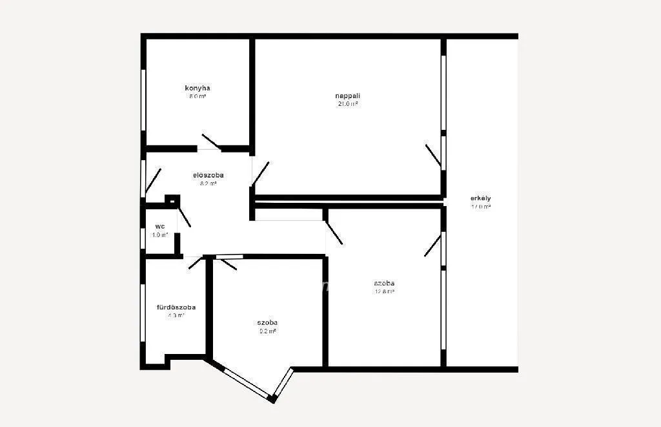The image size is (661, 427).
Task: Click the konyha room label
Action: [198, 88]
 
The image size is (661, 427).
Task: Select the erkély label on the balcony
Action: [481, 198]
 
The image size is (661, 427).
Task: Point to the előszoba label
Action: [208, 175]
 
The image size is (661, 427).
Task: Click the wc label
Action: [160, 226]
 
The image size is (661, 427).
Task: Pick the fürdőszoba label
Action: [176, 307]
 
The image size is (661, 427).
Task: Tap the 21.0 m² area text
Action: [347, 103]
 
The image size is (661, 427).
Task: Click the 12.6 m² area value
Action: [384, 291]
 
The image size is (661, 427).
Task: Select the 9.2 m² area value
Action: [267, 331]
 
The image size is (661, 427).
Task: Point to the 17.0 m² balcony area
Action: [481, 207]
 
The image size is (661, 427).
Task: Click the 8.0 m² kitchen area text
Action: [198, 96]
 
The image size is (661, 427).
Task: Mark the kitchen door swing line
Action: [211, 141]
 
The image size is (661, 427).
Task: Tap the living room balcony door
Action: [433, 157]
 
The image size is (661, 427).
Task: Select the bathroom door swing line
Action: [195, 262]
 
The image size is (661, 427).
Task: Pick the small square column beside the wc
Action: [171, 200]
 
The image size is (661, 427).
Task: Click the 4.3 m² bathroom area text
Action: [176, 316]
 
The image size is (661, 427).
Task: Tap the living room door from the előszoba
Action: [260, 173]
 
